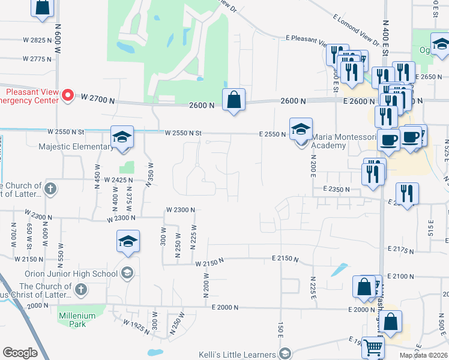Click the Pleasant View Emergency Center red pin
click(68, 95)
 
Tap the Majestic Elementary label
click(75, 146)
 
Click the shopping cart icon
click(373, 346)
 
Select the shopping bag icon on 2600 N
click(234, 100)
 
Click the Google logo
click(20, 352)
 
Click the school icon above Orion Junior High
click(128, 241)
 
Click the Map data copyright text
click(423, 355)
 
